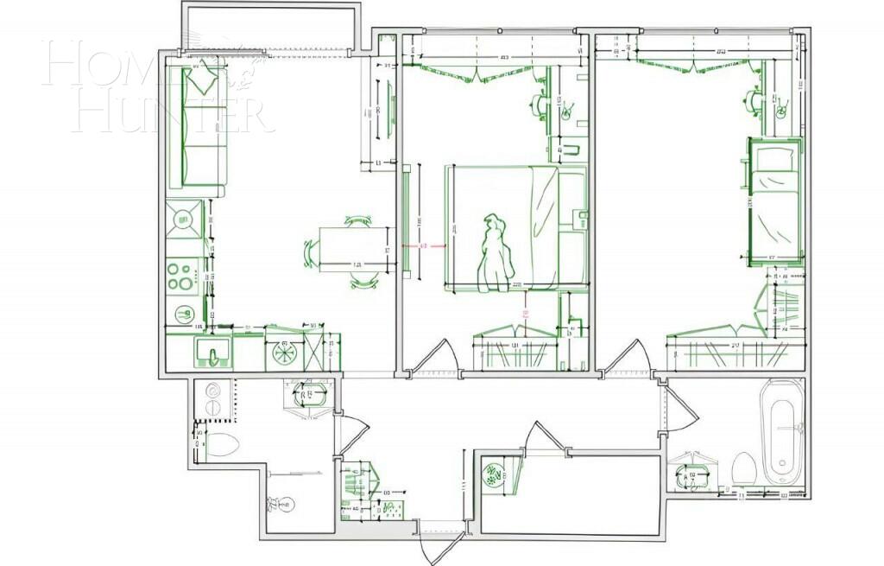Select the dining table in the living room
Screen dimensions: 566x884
(x=353, y=249)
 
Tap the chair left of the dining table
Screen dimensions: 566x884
(x=311, y=253)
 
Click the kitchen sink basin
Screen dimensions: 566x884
(x=212, y=352)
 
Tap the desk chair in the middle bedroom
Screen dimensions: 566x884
(x=541, y=105)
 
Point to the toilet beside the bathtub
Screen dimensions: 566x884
(x=743, y=469)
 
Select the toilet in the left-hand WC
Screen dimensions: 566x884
(x=222, y=446)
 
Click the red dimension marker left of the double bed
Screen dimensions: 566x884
(x=424, y=246)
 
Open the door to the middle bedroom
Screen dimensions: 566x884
(x=439, y=358)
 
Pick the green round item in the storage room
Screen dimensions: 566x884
(x=495, y=474)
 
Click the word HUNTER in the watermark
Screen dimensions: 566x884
(x=167, y=114)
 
